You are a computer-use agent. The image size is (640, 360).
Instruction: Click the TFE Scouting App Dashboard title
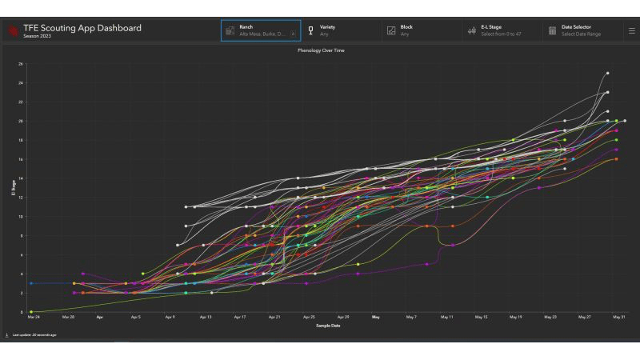click(x=82, y=28)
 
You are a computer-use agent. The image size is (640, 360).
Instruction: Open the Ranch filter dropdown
click(x=261, y=30)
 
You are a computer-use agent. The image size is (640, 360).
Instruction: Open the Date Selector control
click(x=579, y=30)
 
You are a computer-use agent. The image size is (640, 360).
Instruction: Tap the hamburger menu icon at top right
click(x=631, y=31)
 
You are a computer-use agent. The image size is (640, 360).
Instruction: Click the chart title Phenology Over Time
click(x=320, y=50)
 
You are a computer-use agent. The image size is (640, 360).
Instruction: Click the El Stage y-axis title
click(x=13, y=188)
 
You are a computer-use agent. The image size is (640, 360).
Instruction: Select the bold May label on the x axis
click(x=376, y=318)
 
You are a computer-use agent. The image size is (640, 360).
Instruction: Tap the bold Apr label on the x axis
click(x=100, y=318)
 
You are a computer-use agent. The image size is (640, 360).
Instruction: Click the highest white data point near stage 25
click(x=607, y=73)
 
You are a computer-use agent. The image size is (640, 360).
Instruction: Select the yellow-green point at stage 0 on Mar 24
click(x=31, y=312)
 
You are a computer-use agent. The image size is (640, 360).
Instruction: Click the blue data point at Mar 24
click(x=31, y=283)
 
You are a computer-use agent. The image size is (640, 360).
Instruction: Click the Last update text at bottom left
click(x=34, y=334)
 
